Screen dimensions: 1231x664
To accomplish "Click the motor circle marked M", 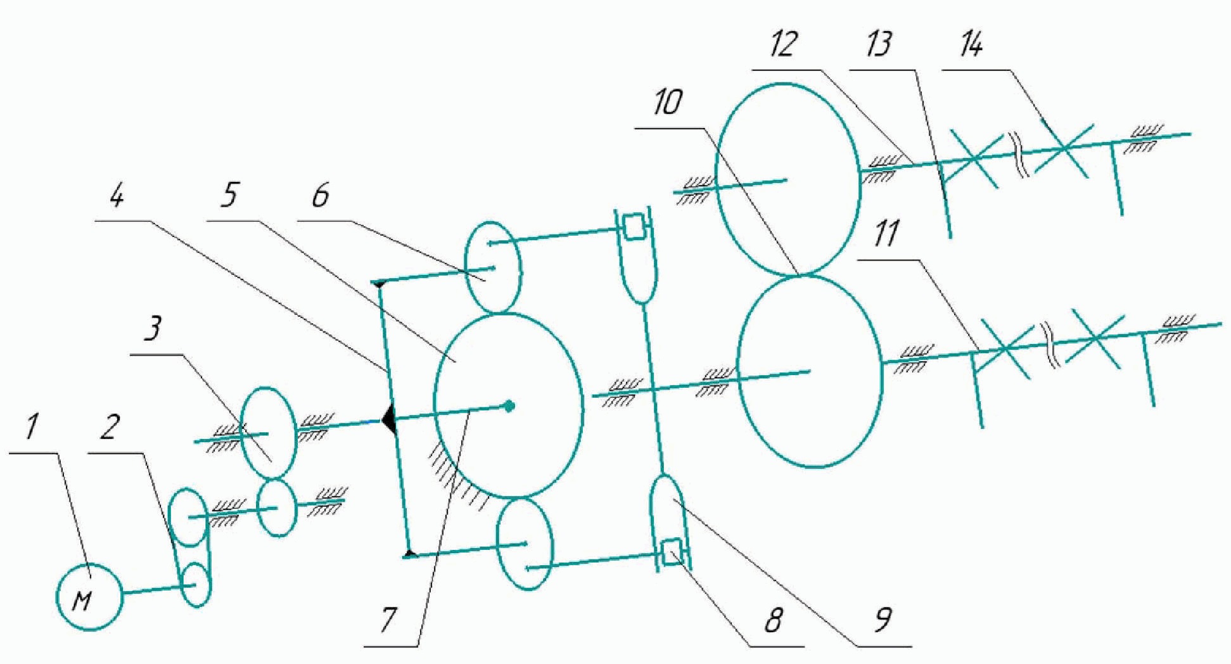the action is [x=88, y=597].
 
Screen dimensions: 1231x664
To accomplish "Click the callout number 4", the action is [x=116, y=196].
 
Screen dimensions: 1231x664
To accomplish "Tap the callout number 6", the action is [x=320, y=196].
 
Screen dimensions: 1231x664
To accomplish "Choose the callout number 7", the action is [x=386, y=622].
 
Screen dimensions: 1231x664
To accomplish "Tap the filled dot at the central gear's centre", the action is [x=509, y=405].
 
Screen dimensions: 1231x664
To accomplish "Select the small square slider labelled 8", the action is [x=670, y=550].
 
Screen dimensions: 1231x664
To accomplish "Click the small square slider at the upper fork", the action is [x=632, y=227].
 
